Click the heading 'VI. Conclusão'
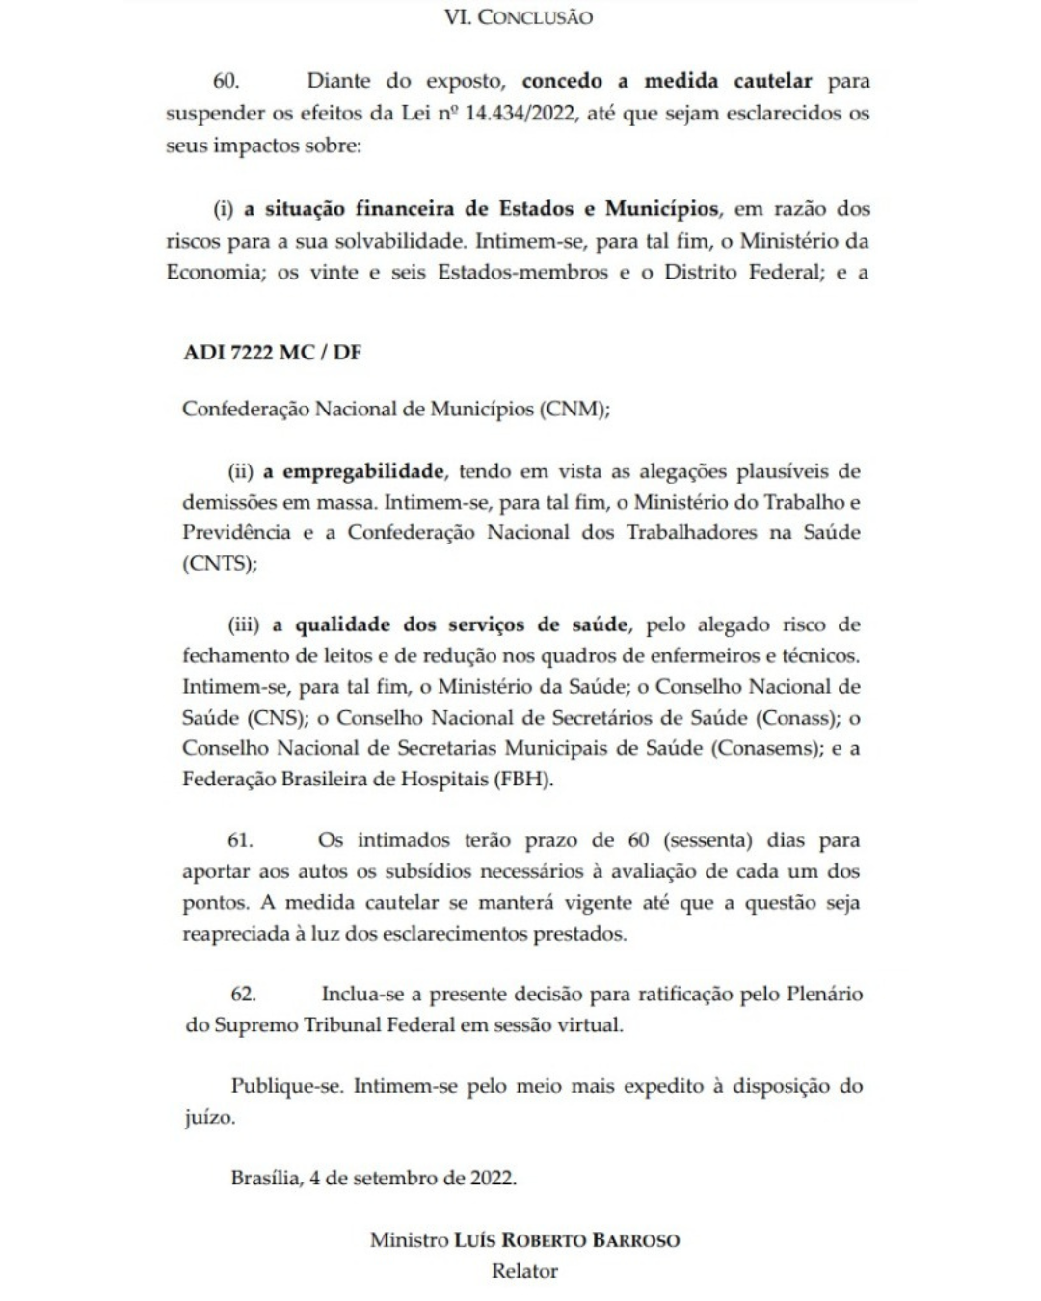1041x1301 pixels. click(519, 17)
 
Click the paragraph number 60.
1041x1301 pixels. click(226, 81)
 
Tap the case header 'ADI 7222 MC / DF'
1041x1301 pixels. click(272, 352)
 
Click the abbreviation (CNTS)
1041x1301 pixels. click(220, 564)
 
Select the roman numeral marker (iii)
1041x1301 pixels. click(243, 624)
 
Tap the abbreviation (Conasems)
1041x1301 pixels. click(766, 748)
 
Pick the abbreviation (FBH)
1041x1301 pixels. click(522, 779)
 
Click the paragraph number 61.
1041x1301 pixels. click(241, 839)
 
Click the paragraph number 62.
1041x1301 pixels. click(243, 994)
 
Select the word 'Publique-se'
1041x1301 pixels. click(286, 1086)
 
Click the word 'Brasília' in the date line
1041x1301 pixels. click(265, 1178)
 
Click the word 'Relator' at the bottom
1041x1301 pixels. click(524, 1271)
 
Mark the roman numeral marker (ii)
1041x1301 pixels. click(240, 471)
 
